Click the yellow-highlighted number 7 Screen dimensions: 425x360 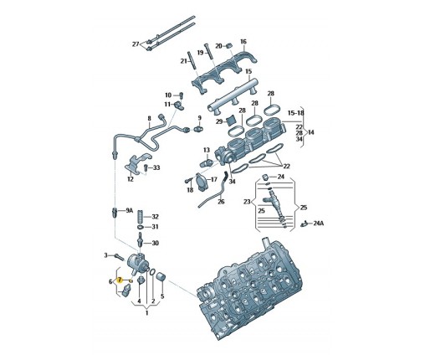(x=120, y=280)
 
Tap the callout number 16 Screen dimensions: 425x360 (x=243, y=42)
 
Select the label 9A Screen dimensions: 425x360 (x=129, y=211)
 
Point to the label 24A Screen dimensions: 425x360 (x=319, y=224)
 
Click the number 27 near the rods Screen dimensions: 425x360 (x=136, y=44)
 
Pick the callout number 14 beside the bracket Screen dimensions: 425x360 (x=310, y=132)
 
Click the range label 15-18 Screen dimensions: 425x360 (x=296, y=113)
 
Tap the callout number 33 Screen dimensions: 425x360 (x=156, y=167)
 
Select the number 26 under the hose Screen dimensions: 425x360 (x=221, y=202)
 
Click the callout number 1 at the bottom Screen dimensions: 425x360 (x=146, y=313)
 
